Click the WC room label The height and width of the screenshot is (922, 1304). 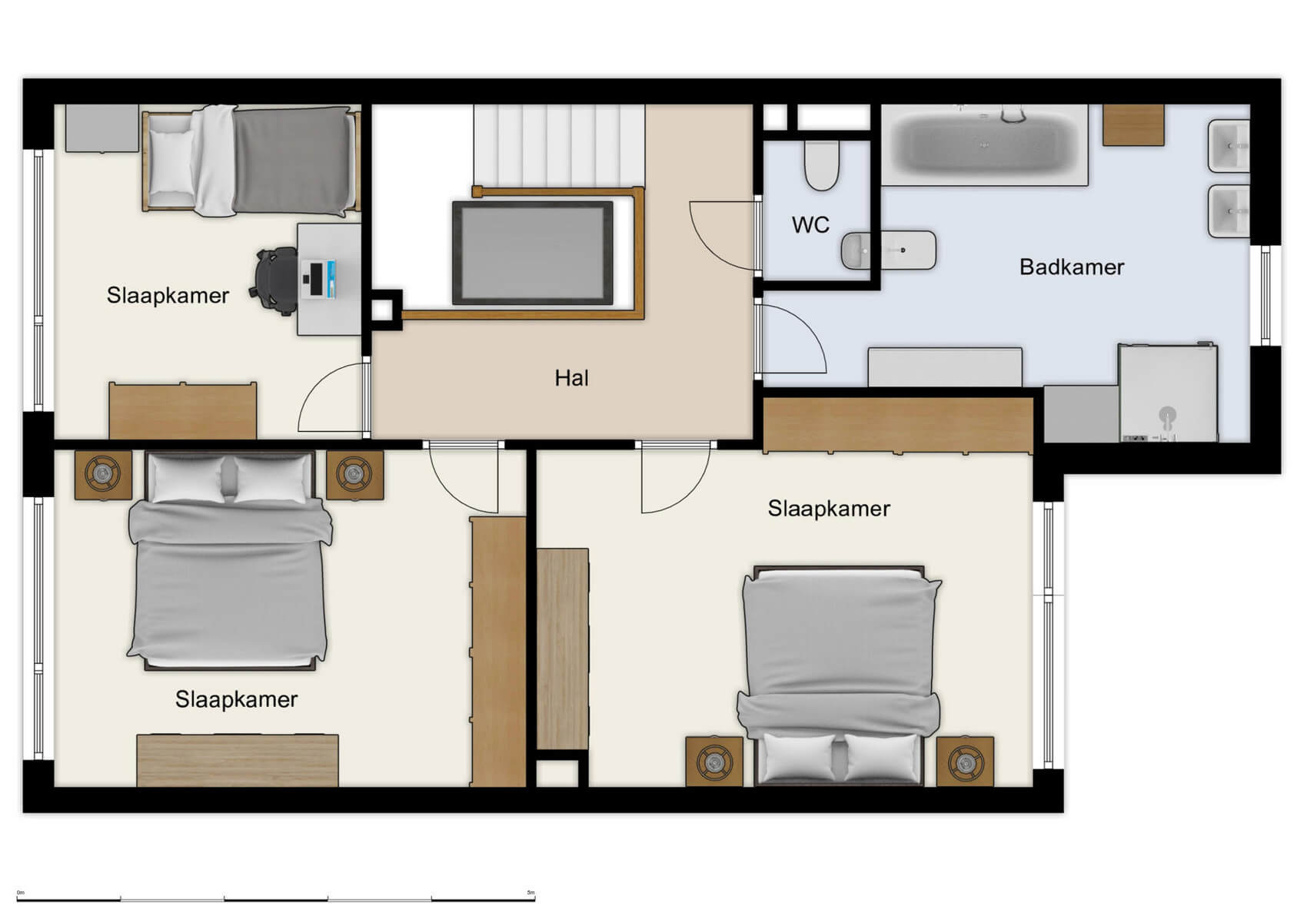pyautogui.click(x=810, y=225)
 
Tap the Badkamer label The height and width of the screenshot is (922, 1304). pyautogui.click(x=1071, y=267)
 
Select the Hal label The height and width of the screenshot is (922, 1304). pyautogui.click(x=571, y=378)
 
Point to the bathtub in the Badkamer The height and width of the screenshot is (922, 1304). pyautogui.click(x=983, y=145)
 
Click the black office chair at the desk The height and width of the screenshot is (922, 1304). pyautogui.click(x=276, y=280)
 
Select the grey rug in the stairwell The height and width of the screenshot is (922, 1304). pyautogui.click(x=533, y=253)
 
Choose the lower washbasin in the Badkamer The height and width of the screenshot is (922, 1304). pyautogui.click(x=1229, y=211)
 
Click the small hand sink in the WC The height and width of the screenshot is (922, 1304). pyautogui.click(x=888, y=250)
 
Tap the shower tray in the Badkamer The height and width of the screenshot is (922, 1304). pyautogui.click(x=1168, y=393)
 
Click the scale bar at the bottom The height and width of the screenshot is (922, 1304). pyautogui.click(x=275, y=897)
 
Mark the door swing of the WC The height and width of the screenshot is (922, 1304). pyautogui.click(x=723, y=234)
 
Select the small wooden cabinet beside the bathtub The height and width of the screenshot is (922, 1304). pyautogui.click(x=1133, y=124)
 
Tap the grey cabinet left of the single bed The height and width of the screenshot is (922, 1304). pyautogui.click(x=101, y=128)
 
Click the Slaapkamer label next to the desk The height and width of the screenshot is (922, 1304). pyautogui.click(x=168, y=296)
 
